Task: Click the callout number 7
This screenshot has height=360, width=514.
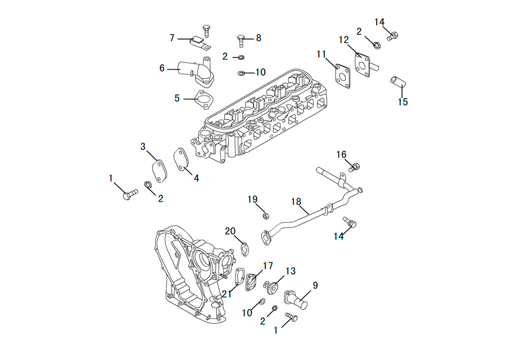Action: [x=172, y=38]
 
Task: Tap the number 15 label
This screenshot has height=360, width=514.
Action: [x=403, y=102]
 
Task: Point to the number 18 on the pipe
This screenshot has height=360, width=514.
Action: [x=296, y=202]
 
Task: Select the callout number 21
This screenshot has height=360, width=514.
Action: [x=227, y=294]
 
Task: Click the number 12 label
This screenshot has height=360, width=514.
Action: [x=343, y=40]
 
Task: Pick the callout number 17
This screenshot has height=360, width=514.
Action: [x=268, y=265]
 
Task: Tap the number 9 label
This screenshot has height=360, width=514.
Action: [x=315, y=285]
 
